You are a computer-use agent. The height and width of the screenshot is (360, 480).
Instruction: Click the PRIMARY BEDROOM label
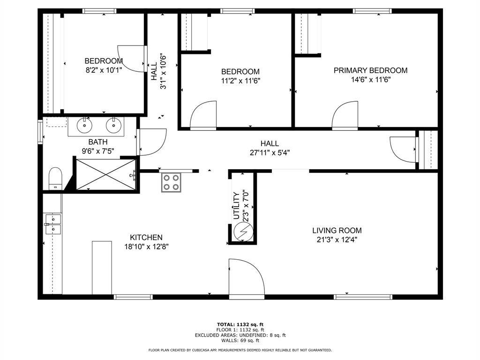pos(370,70)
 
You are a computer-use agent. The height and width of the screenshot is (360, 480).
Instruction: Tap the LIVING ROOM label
pos(337,230)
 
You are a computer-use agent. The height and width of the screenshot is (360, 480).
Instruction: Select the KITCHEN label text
pos(146,238)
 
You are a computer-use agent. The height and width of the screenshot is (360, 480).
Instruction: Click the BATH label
pos(97,142)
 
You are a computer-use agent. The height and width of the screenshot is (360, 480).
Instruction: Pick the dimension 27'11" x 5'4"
pos(270,152)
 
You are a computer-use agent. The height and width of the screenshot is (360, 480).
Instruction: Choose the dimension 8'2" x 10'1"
pos(104,70)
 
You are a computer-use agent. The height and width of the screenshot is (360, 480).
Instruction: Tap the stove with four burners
pos(172,182)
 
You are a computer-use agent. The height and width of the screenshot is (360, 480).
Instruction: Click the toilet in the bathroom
pos(55,178)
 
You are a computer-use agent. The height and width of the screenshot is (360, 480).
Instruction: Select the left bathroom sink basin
pos(85,125)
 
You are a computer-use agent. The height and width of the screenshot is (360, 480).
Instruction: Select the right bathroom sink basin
pos(112,125)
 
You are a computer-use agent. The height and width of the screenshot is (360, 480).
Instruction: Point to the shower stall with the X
pos(105,174)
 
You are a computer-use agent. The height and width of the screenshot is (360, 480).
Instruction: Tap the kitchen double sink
pos(53,224)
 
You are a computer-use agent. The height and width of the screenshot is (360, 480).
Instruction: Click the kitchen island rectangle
pos(102,268)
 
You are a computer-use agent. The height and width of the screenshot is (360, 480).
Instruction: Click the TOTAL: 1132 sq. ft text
pos(240,324)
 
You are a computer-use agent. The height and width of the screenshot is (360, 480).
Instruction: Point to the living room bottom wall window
pos(363,297)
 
